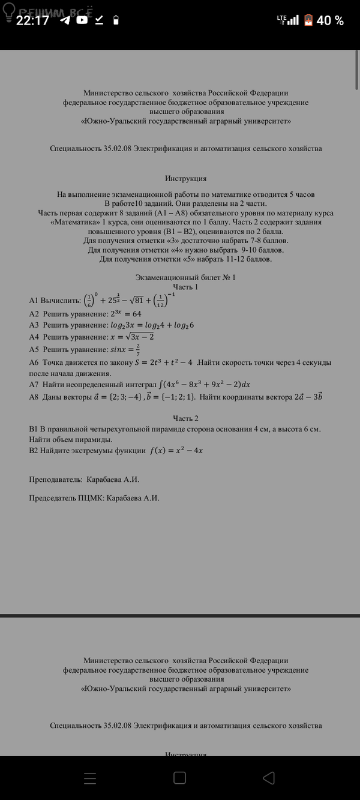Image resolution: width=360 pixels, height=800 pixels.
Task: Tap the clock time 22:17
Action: [32, 20]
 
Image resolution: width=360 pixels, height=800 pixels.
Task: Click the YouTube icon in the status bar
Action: [82, 20]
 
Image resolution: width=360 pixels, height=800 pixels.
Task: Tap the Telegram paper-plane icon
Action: [65, 20]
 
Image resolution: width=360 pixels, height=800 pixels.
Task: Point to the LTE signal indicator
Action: [287, 20]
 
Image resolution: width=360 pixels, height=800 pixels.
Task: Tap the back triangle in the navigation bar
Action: [269, 778]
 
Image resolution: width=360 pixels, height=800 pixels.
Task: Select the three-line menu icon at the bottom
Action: [90, 778]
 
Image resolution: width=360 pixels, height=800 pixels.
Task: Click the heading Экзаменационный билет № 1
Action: [185, 277]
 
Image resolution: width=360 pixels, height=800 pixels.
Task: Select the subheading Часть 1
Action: [185, 287]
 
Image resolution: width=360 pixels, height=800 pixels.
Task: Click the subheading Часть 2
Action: [185, 418]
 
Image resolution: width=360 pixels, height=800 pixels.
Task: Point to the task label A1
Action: [34, 300]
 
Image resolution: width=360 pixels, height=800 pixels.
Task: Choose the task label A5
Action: [34, 349]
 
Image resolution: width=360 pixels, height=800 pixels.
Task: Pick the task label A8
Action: [34, 397]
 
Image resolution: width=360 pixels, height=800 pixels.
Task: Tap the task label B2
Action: [34, 450]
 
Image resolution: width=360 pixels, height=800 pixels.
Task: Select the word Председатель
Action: [53, 498]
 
